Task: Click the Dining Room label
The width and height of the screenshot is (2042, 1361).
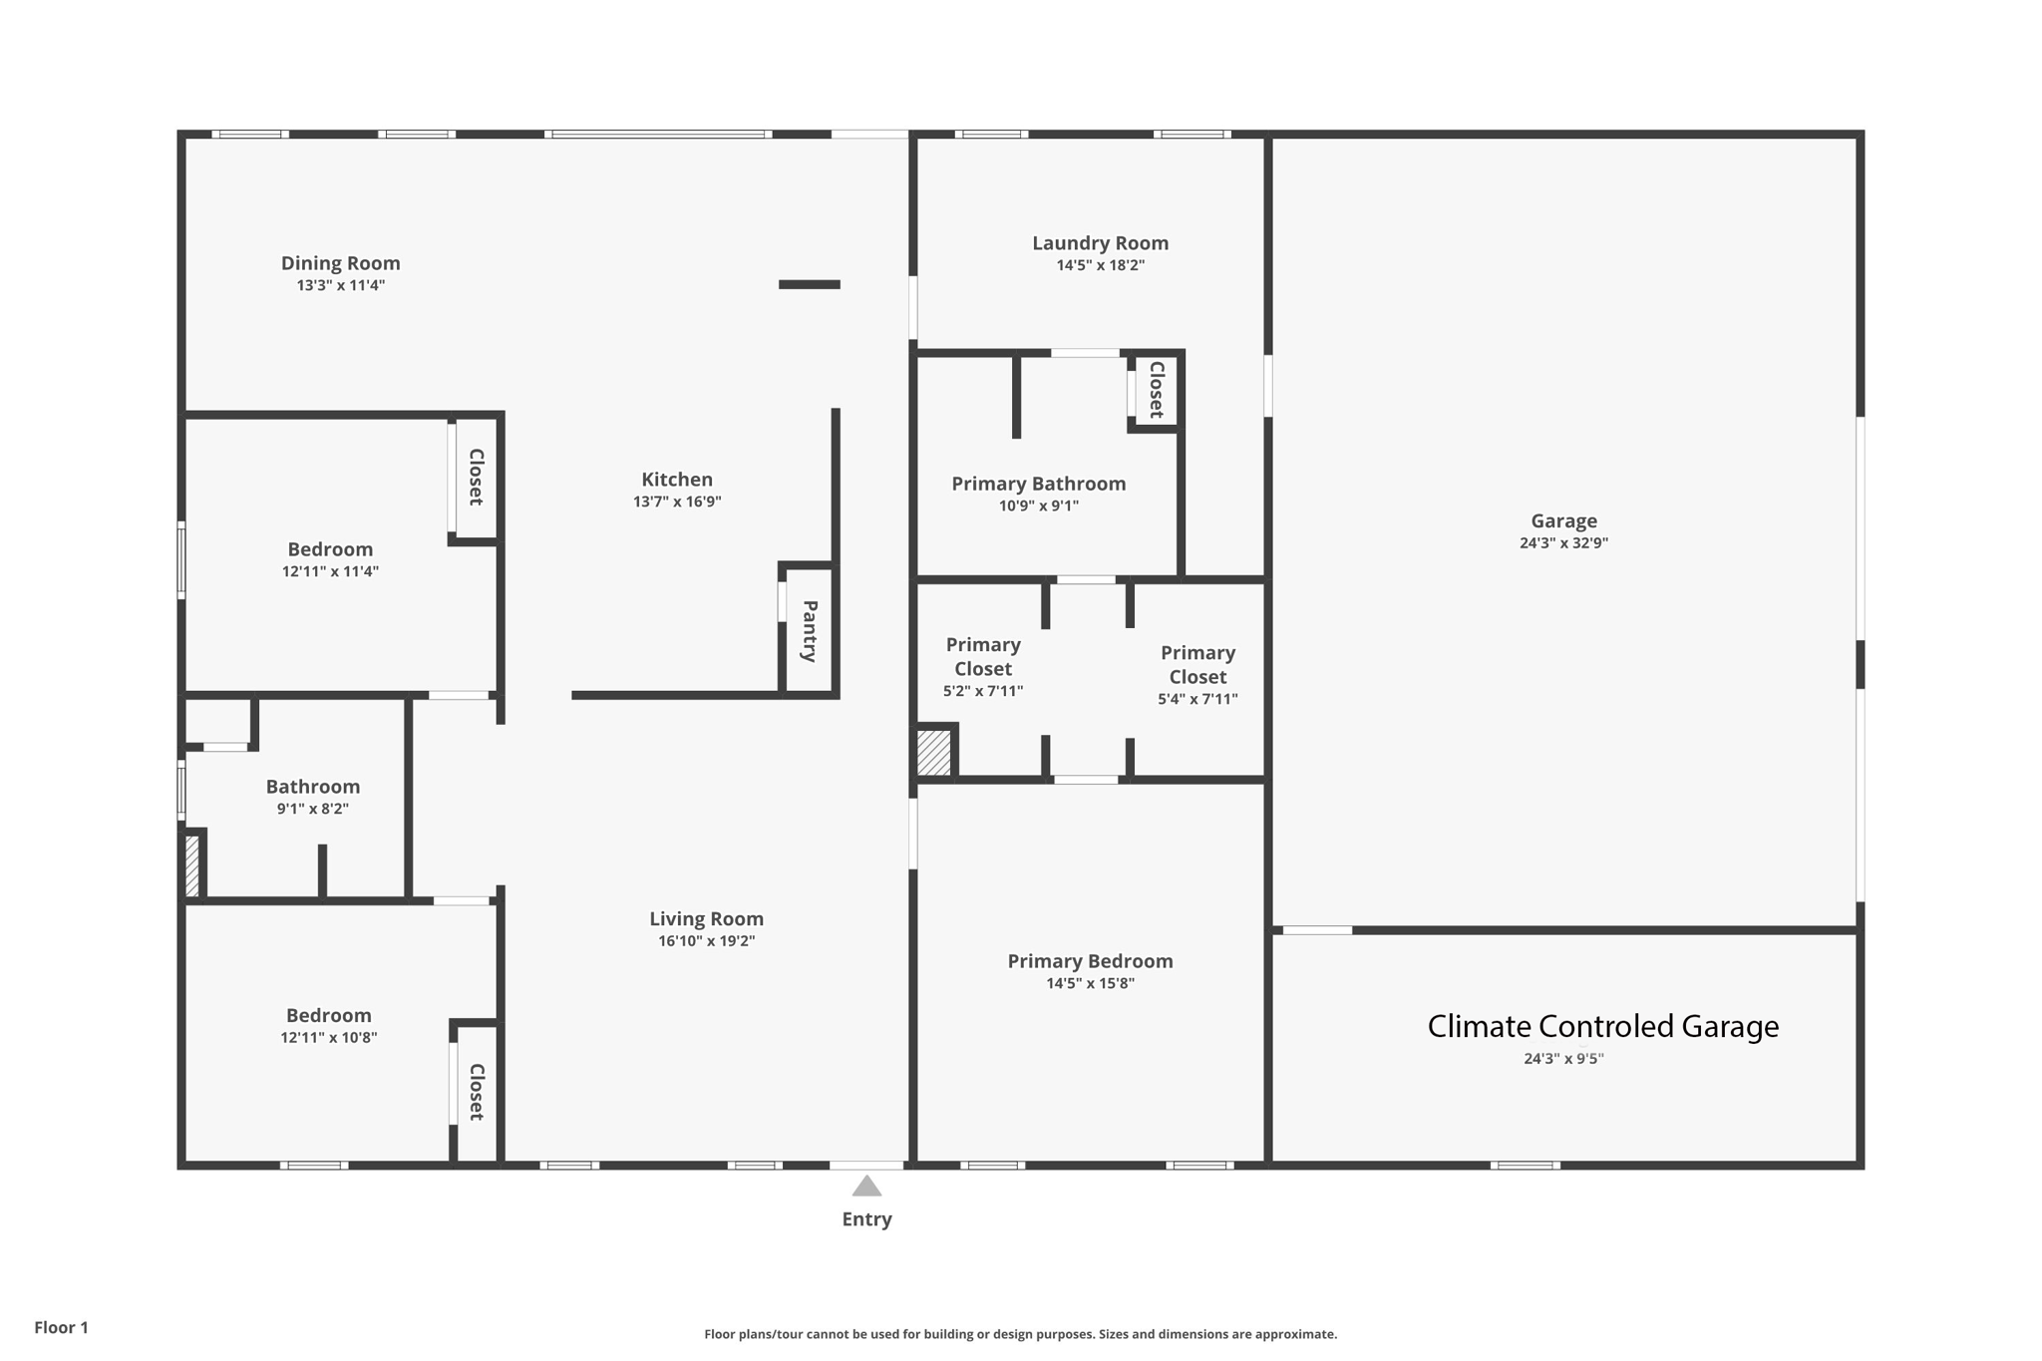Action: (x=340, y=263)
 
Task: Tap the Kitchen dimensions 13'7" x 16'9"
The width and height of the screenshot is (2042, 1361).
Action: (x=677, y=502)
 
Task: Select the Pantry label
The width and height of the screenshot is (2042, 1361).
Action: (x=810, y=630)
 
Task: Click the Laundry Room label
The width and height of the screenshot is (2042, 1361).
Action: (x=1100, y=243)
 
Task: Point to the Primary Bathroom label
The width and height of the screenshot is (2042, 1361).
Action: (x=1038, y=484)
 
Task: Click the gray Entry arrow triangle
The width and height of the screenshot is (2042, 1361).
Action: (x=866, y=1186)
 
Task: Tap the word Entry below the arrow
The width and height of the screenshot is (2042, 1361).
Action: (x=866, y=1219)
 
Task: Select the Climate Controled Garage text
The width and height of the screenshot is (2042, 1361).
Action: (x=1602, y=1026)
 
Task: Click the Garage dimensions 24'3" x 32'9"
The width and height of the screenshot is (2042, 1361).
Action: (x=1563, y=543)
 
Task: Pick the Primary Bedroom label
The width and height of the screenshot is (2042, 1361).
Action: (x=1090, y=961)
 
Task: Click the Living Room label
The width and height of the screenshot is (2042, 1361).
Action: (x=706, y=919)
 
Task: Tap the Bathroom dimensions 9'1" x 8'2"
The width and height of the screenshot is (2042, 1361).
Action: (x=312, y=809)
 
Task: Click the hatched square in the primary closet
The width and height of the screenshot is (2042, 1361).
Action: (x=934, y=753)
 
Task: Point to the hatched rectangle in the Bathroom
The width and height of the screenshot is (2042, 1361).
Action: (x=192, y=864)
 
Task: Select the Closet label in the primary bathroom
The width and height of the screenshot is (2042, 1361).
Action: (x=1157, y=390)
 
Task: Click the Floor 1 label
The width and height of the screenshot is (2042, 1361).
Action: (x=61, y=1327)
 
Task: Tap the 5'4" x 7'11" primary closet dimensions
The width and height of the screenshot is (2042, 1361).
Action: (x=1197, y=700)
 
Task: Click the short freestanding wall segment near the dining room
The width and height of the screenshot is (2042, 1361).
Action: (x=810, y=284)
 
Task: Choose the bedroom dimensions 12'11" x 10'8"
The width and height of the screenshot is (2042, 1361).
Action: (x=329, y=1038)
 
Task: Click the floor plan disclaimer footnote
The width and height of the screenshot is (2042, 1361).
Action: (x=1021, y=1334)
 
